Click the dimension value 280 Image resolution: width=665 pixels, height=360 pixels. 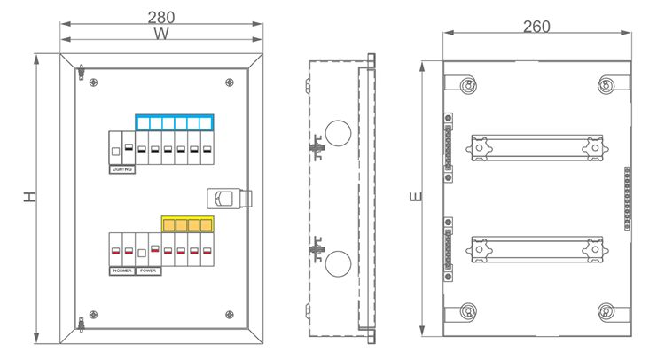[161, 17]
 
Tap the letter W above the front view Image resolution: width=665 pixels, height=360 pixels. [161, 34]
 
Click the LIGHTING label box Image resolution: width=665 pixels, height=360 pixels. [122, 168]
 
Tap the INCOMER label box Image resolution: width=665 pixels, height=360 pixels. [121, 270]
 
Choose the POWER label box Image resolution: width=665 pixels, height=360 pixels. [148, 270]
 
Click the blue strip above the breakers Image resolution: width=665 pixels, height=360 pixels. [175, 122]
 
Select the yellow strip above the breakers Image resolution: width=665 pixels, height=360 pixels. [188, 224]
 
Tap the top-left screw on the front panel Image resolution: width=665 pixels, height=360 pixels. [93, 83]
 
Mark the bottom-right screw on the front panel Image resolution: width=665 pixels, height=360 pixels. [230, 313]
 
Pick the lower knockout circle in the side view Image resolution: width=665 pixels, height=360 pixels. [338, 263]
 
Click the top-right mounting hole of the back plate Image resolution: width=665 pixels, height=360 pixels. [606, 85]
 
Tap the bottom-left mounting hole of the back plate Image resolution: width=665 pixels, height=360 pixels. [466, 311]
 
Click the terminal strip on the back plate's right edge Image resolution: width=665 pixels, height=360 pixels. [628, 198]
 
